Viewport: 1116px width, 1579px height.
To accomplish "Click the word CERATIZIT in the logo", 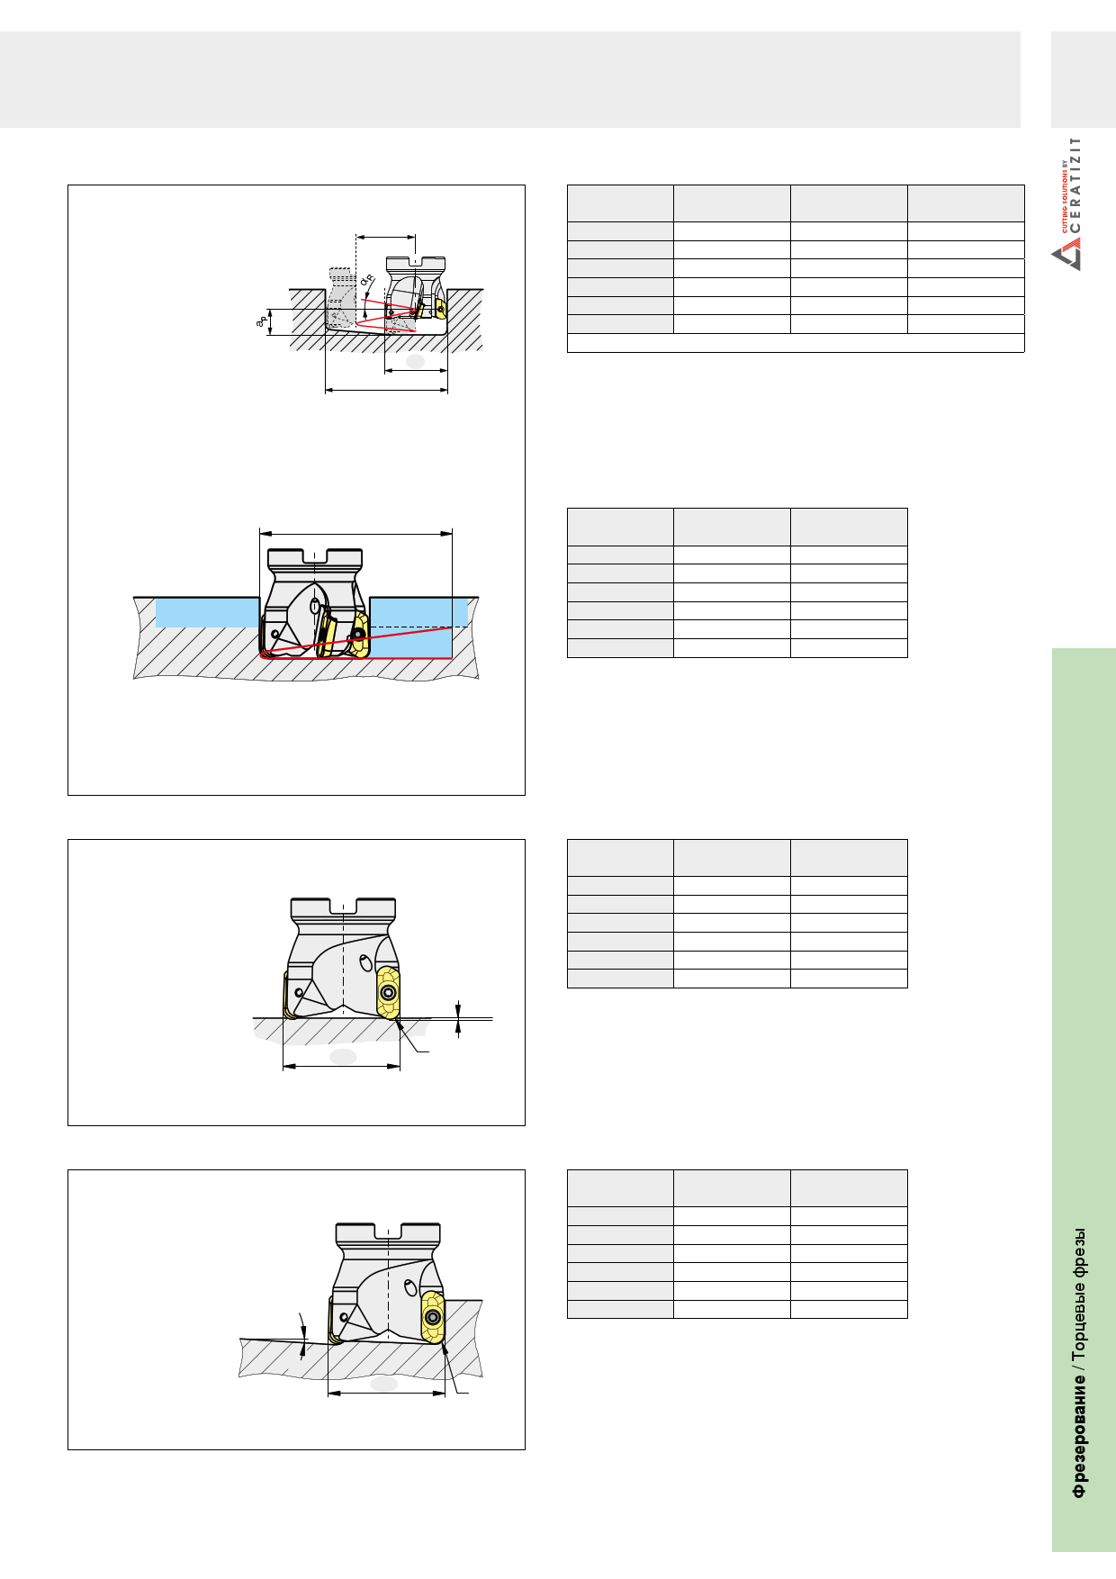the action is (1075, 185).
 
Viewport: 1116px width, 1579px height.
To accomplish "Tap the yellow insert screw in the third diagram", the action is (388, 993).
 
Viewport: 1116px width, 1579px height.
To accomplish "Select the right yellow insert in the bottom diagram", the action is (433, 1318).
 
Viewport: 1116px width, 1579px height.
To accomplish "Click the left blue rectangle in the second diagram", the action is (207, 612).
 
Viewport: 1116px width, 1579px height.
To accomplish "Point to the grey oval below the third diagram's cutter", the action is (343, 1056).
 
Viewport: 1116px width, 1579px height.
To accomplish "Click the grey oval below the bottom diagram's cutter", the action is (384, 1384).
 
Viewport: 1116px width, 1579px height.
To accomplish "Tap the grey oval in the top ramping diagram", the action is (415, 361).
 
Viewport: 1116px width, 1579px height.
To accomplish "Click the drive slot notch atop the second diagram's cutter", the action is (315, 555).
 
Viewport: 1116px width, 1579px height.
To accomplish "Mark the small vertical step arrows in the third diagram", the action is (458, 1019).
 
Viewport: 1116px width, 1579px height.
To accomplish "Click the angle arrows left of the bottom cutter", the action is (303, 1333).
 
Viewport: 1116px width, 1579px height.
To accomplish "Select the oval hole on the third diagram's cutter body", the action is (365, 962).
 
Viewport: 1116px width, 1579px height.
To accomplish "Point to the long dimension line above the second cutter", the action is (355, 534).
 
